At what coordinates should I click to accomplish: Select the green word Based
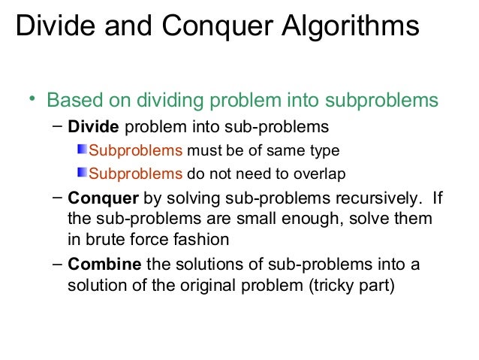pyautogui.click(x=74, y=101)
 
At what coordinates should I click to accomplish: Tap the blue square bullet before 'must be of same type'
pyautogui.click(x=83, y=150)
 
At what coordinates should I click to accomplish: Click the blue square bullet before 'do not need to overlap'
pyautogui.click(x=83, y=174)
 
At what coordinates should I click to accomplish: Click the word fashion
pyautogui.click(x=202, y=240)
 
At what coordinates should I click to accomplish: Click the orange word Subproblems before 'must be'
pyautogui.click(x=136, y=150)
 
